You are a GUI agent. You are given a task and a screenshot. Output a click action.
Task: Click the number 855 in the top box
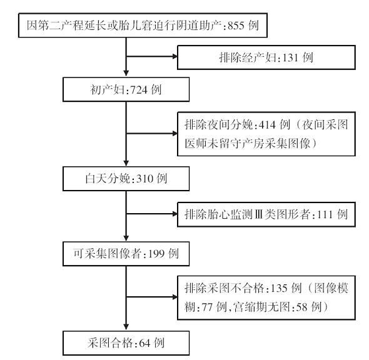click(x=236, y=26)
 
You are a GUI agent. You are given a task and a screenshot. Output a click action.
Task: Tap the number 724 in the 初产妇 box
click(x=139, y=90)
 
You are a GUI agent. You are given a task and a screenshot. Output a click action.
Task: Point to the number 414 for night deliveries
click(x=267, y=125)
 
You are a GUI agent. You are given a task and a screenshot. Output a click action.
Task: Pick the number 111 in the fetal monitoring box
click(x=325, y=214)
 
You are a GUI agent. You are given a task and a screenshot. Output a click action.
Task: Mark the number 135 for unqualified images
click(x=279, y=288)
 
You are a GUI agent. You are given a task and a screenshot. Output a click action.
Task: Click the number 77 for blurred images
click(x=207, y=307)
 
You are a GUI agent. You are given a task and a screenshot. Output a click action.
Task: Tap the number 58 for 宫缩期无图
click(x=301, y=307)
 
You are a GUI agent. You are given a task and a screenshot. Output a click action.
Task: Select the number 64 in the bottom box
click(x=144, y=343)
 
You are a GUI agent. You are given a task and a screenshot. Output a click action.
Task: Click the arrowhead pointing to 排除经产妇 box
click(x=175, y=56)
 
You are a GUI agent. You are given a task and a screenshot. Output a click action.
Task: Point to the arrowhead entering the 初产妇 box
click(x=126, y=73)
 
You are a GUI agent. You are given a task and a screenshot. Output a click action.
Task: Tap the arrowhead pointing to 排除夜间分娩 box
click(x=175, y=134)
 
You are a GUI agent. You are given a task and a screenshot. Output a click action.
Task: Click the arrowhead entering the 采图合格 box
click(x=126, y=327)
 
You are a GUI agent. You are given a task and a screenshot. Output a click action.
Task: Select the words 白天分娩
click(x=108, y=179)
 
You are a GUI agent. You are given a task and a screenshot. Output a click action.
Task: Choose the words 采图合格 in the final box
click(x=110, y=343)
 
